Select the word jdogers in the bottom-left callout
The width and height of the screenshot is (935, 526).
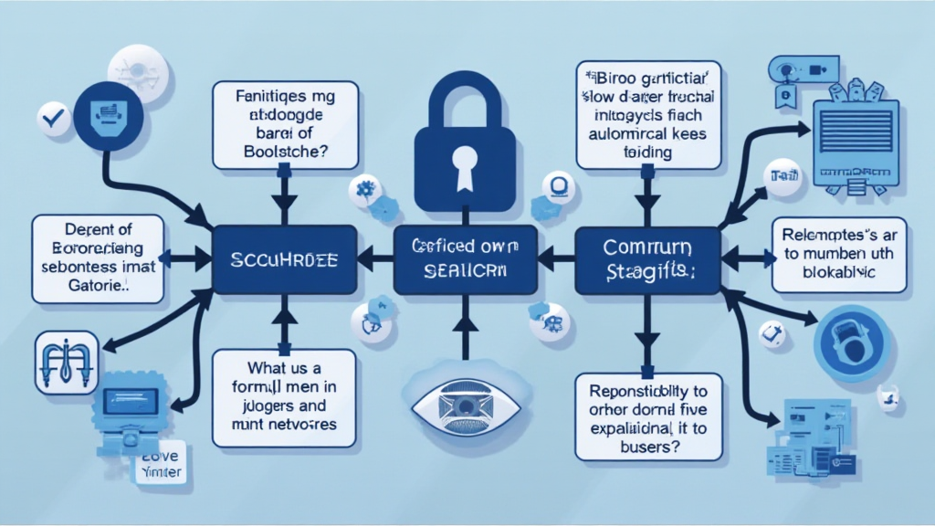263,406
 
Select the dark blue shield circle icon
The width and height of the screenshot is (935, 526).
107,116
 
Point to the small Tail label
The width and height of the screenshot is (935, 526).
784,175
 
